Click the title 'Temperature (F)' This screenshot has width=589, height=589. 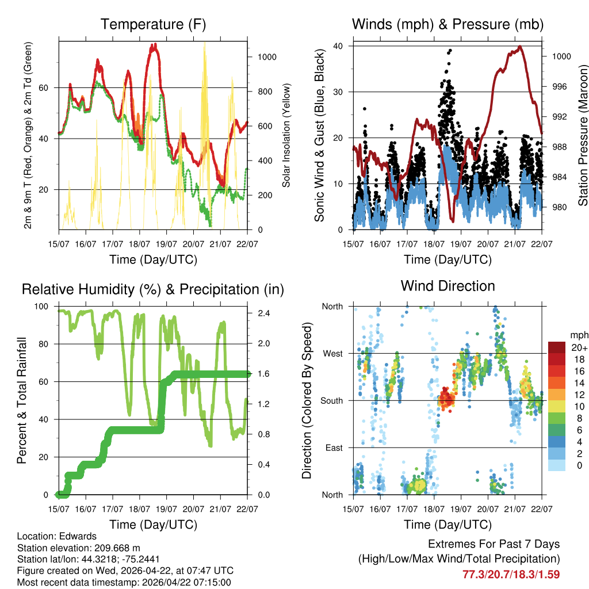click(153, 24)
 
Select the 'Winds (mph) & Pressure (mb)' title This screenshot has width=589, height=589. click(448, 24)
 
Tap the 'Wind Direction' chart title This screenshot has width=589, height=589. click(448, 285)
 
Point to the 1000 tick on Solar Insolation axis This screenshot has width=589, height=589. click(269, 57)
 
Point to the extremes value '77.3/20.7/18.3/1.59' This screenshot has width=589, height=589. click(511, 574)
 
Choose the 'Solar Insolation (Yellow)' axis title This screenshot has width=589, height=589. click(286, 136)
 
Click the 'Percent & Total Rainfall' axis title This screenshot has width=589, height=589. click(22, 400)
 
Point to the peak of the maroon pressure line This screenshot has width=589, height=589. click(519, 47)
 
